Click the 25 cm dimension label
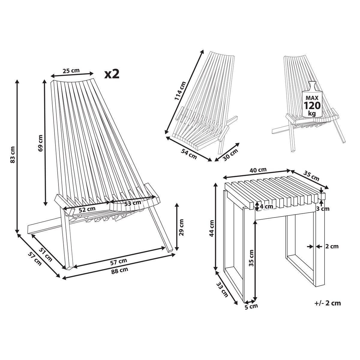tap(71, 71)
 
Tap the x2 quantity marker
tap(112, 74)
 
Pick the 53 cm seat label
tap(133, 203)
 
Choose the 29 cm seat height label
tap(181, 227)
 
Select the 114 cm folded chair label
tap(180, 91)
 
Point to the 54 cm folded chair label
tap(189, 154)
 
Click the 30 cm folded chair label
tap(231, 154)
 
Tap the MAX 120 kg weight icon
tap(312, 100)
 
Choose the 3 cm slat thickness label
tap(323, 209)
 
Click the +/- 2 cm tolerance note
tap(328, 303)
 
